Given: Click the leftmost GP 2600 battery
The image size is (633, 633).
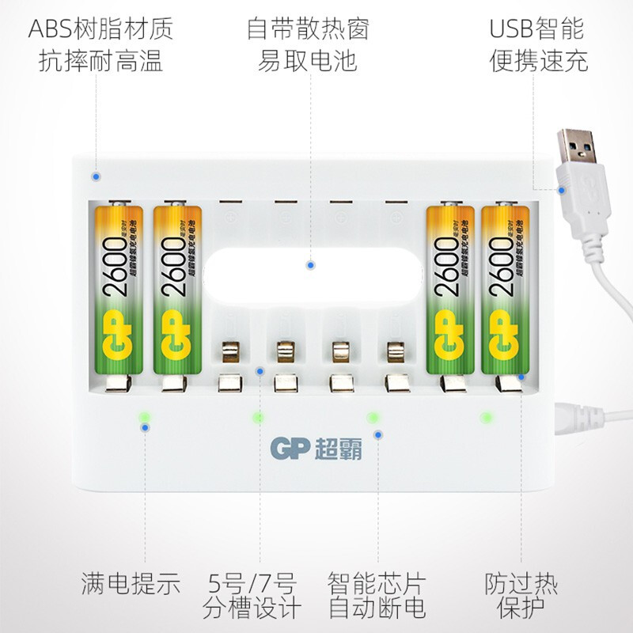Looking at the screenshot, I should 119,289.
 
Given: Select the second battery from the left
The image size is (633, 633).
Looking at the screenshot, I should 176,289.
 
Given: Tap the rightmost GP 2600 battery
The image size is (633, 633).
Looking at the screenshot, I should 506,289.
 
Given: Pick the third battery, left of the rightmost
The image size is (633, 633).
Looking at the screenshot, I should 450,289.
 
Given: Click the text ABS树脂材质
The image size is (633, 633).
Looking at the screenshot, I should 100,29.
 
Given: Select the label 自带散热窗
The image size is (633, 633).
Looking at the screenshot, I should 309,29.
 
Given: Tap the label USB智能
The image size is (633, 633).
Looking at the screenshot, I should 536,29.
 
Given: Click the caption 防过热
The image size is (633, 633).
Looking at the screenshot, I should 521,584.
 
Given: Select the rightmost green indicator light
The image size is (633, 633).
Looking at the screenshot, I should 487,416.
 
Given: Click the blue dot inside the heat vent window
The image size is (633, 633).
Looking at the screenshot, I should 311,266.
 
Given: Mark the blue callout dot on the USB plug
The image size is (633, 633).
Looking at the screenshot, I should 563,189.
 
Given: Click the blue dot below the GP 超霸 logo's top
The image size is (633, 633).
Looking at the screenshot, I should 379,434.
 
